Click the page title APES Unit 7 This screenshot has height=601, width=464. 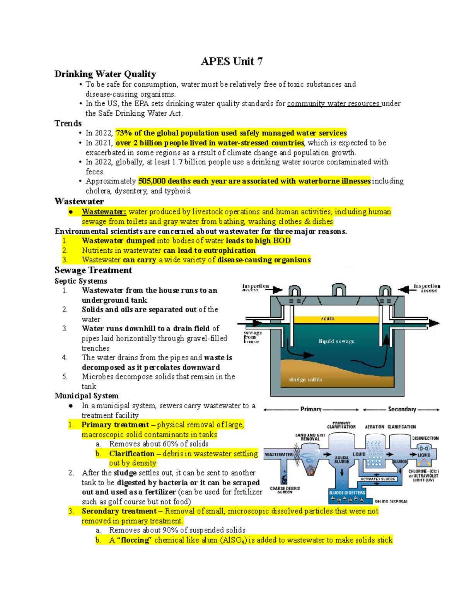(x=232, y=62)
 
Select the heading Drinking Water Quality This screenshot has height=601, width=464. (x=105, y=74)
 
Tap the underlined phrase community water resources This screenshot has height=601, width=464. (x=334, y=104)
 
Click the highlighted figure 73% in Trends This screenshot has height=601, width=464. (x=124, y=133)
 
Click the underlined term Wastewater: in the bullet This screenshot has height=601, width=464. (x=104, y=212)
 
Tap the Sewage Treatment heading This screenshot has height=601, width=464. (x=93, y=270)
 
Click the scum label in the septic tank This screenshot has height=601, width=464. (x=328, y=318)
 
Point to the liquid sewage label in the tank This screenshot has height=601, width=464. (x=336, y=341)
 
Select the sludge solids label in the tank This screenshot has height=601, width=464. (x=305, y=380)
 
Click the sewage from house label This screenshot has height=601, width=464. (x=252, y=337)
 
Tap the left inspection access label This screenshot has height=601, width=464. (x=255, y=288)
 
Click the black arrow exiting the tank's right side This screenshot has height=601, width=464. (x=433, y=323)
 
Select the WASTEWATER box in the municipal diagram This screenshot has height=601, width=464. (x=278, y=454)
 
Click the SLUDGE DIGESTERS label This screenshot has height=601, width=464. (x=347, y=493)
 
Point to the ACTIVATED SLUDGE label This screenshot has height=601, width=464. (x=378, y=479)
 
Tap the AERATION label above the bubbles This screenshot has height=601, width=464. (x=374, y=427)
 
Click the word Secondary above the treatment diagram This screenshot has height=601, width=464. (x=402, y=409)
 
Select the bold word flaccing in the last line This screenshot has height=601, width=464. (x=135, y=540)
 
